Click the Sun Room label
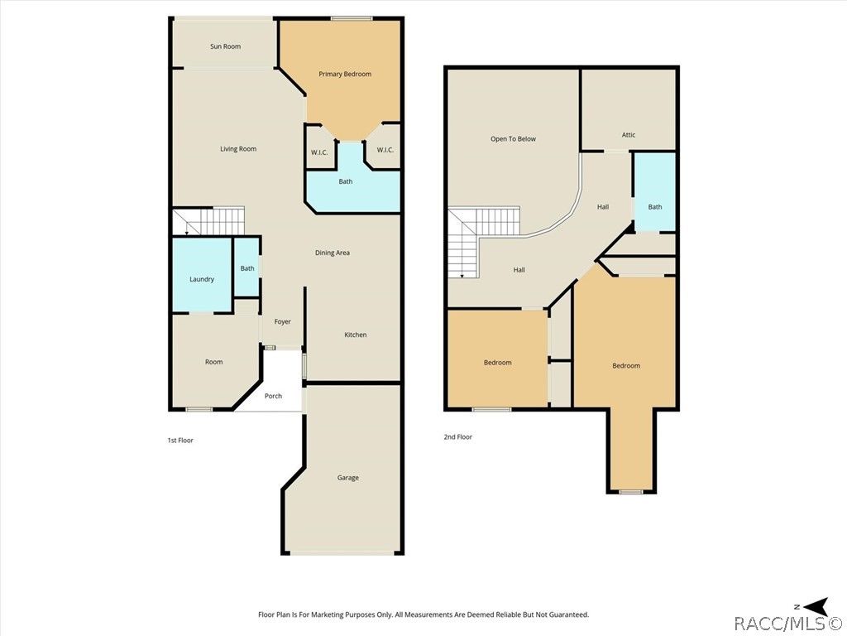[x=225, y=46]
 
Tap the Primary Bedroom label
[x=345, y=74]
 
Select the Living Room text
[x=238, y=149]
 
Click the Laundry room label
[x=202, y=279]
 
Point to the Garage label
[x=348, y=478]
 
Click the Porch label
[x=273, y=396]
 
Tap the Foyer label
[x=283, y=321]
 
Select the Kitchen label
[x=356, y=335]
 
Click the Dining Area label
[x=333, y=253]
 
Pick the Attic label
[x=629, y=135]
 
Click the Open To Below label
[x=513, y=139]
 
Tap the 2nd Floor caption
[x=458, y=437]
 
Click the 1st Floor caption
[x=180, y=441]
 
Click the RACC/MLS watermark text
[x=789, y=624]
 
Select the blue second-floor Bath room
[x=655, y=192]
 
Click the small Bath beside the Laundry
[x=246, y=267]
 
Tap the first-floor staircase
[x=208, y=221]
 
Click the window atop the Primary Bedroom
[x=352, y=18]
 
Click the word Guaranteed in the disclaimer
[x=568, y=614]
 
